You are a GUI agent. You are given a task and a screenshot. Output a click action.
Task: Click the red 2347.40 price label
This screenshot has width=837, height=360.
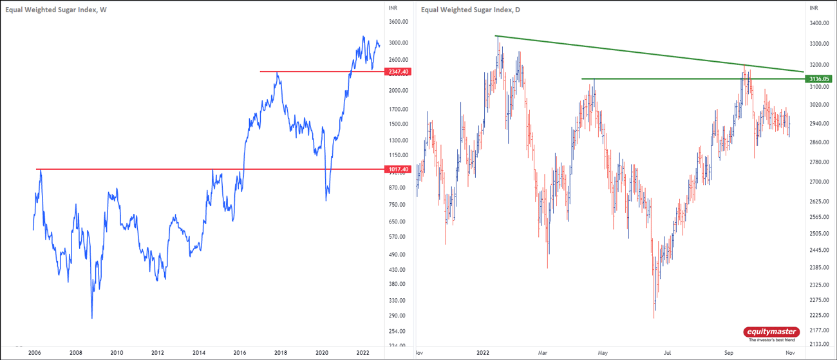point(397,71)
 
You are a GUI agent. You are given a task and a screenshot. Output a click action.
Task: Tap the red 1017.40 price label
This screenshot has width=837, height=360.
point(397,169)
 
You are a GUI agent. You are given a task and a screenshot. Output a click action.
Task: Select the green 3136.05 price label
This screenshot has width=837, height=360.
point(818,79)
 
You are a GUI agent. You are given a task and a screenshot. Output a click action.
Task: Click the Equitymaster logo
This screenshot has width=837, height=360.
point(771,333)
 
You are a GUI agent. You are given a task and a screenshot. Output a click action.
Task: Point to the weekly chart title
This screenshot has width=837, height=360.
point(56,9)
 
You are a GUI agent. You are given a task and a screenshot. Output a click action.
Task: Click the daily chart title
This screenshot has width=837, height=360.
point(471,9)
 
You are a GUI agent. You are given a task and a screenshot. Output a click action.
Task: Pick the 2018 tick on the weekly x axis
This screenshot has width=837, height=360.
point(281,353)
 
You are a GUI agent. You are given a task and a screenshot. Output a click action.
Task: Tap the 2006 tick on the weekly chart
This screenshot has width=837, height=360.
point(35,353)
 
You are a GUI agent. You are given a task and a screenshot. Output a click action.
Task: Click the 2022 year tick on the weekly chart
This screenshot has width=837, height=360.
point(362,353)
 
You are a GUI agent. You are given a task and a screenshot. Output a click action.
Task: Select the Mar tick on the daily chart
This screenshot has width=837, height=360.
point(543,353)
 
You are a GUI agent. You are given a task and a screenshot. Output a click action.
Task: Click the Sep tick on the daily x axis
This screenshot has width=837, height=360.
point(729,353)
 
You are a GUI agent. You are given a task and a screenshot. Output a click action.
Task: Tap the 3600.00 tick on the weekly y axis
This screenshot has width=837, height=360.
point(399,22)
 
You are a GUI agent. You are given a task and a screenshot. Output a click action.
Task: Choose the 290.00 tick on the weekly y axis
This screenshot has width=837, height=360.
point(397,316)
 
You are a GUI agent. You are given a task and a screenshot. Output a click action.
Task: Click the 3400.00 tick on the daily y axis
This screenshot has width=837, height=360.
point(818,23)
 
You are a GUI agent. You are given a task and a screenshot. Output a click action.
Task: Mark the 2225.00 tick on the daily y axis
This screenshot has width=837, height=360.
point(818,316)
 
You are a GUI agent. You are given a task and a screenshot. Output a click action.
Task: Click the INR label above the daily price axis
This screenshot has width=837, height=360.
point(813,8)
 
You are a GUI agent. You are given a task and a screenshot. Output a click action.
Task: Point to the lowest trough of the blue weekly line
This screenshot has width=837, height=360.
point(92,317)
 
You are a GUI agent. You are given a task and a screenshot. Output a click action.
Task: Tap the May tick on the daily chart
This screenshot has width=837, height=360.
point(603,353)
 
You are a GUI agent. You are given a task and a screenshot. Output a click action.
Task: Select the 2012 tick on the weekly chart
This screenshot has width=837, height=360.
point(158,353)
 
